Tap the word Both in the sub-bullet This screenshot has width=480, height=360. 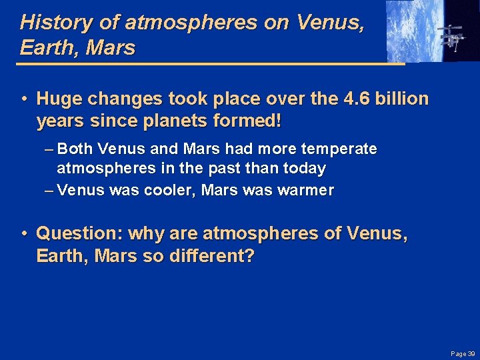point(77,149)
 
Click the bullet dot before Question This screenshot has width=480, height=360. point(23,234)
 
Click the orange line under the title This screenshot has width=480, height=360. point(200,63)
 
